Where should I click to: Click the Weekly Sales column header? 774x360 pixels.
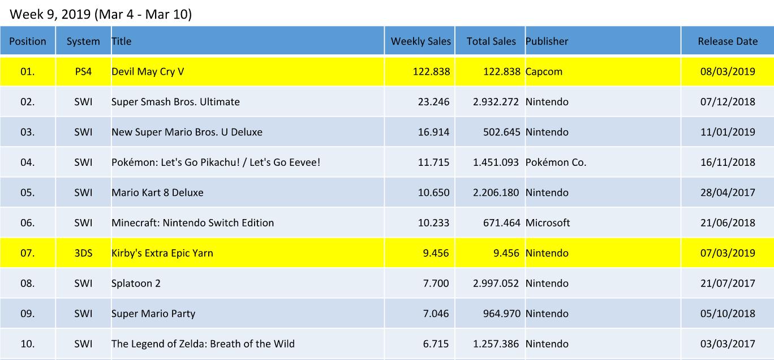click(x=420, y=41)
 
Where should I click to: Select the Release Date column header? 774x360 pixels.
click(x=727, y=41)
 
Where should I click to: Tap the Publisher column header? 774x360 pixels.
click(x=547, y=41)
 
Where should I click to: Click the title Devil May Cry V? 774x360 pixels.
click(x=148, y=72)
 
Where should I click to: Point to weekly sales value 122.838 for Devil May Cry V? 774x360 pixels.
click(x=431, y=72)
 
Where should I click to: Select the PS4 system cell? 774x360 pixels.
click(x=83, y=72)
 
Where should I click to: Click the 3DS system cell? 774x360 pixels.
click(x=83, y=253)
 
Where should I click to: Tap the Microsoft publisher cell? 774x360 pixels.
click(x=548, y=223)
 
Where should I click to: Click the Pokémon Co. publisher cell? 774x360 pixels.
click(x=556, y=162)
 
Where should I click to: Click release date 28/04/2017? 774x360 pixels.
click(x=728, y=192)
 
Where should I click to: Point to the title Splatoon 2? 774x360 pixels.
click(x=136, y=283)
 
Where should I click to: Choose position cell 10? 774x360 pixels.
click(x=27, y=344)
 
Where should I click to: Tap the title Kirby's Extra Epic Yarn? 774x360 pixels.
click(x=162, y=253)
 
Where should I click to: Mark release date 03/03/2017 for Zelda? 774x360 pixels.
click(x=728, y=344)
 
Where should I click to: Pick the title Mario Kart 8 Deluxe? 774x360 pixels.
click(x=157, y=192)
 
